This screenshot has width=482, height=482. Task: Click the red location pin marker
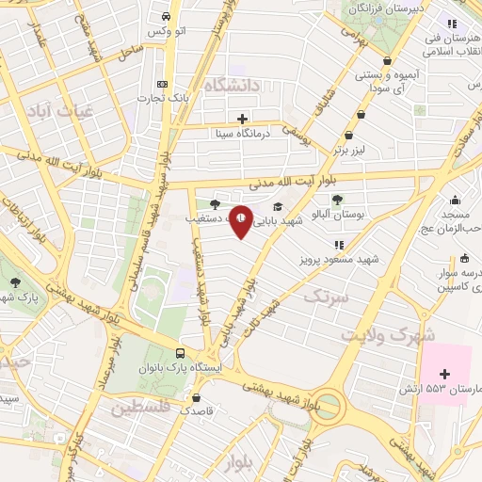pos(241,220)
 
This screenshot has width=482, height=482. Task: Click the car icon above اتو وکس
pos(166,17)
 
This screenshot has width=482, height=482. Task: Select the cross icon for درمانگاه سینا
pos(243,119)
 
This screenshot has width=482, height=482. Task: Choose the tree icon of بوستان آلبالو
pos(337,200)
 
